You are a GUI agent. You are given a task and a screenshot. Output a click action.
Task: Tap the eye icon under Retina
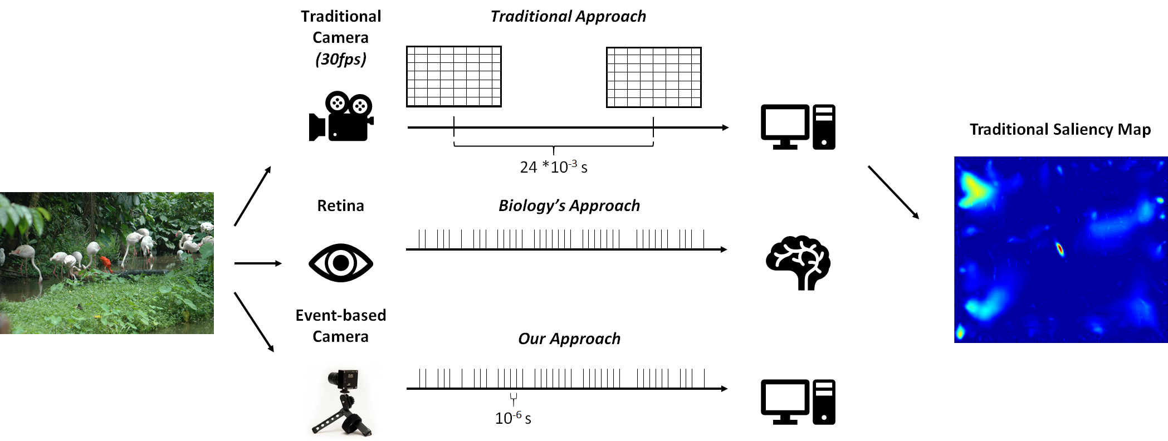[x=341, y=263]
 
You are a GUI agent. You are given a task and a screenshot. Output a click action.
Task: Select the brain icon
[x=798, y=263]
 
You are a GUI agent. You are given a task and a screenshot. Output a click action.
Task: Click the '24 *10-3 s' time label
[x=554, y=167]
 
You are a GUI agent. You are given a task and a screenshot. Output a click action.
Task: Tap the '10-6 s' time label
[x=513, y=418]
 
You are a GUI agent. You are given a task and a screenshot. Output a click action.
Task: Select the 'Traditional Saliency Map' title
[x=1060, y=129]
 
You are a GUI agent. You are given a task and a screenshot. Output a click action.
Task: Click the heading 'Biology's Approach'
[x=569, y=205]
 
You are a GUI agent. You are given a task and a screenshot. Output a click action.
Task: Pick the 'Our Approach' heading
[x=569, y=339]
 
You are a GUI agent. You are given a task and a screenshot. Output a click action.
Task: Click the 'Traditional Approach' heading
[x=568, y=16]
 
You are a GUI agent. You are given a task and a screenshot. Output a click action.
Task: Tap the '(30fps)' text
[x=341, y=59]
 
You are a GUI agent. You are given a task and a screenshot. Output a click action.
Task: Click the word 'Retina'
[x=340, y=205]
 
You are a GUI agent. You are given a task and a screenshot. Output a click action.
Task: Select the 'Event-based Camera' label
[x=340, y=326]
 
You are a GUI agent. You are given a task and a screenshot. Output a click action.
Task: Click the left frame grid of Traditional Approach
[x=454, y=76]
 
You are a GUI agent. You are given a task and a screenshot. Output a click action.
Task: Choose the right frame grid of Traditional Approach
[x=654, y=77]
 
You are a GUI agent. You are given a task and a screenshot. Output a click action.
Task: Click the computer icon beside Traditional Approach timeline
[x=798, y=127]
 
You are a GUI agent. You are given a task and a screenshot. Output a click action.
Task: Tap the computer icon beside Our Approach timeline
[x=798, y=402]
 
